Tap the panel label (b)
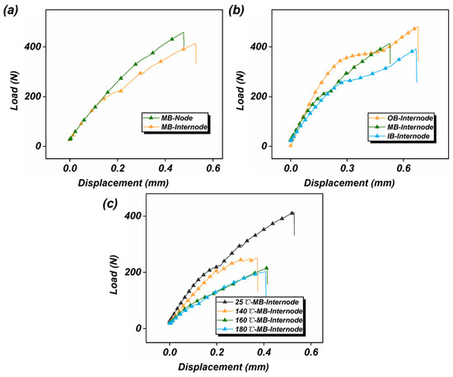(236, 11)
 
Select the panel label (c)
(110, 204)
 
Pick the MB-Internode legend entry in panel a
(175, 127)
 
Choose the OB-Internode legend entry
(402, 118)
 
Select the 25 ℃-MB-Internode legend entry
(258, 302)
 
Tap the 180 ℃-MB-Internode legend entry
(260, 329)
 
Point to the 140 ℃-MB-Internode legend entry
(260, 311)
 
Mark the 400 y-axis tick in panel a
(31, 47)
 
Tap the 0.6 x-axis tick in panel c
(311, 352)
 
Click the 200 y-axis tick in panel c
(133, 272)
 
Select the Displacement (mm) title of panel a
(123, 183)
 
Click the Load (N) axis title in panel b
(241, 91)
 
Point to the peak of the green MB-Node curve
(184, 32)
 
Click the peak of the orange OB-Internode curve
(418, 27)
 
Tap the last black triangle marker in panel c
(292, 213)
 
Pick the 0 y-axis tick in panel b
(264, 146)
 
